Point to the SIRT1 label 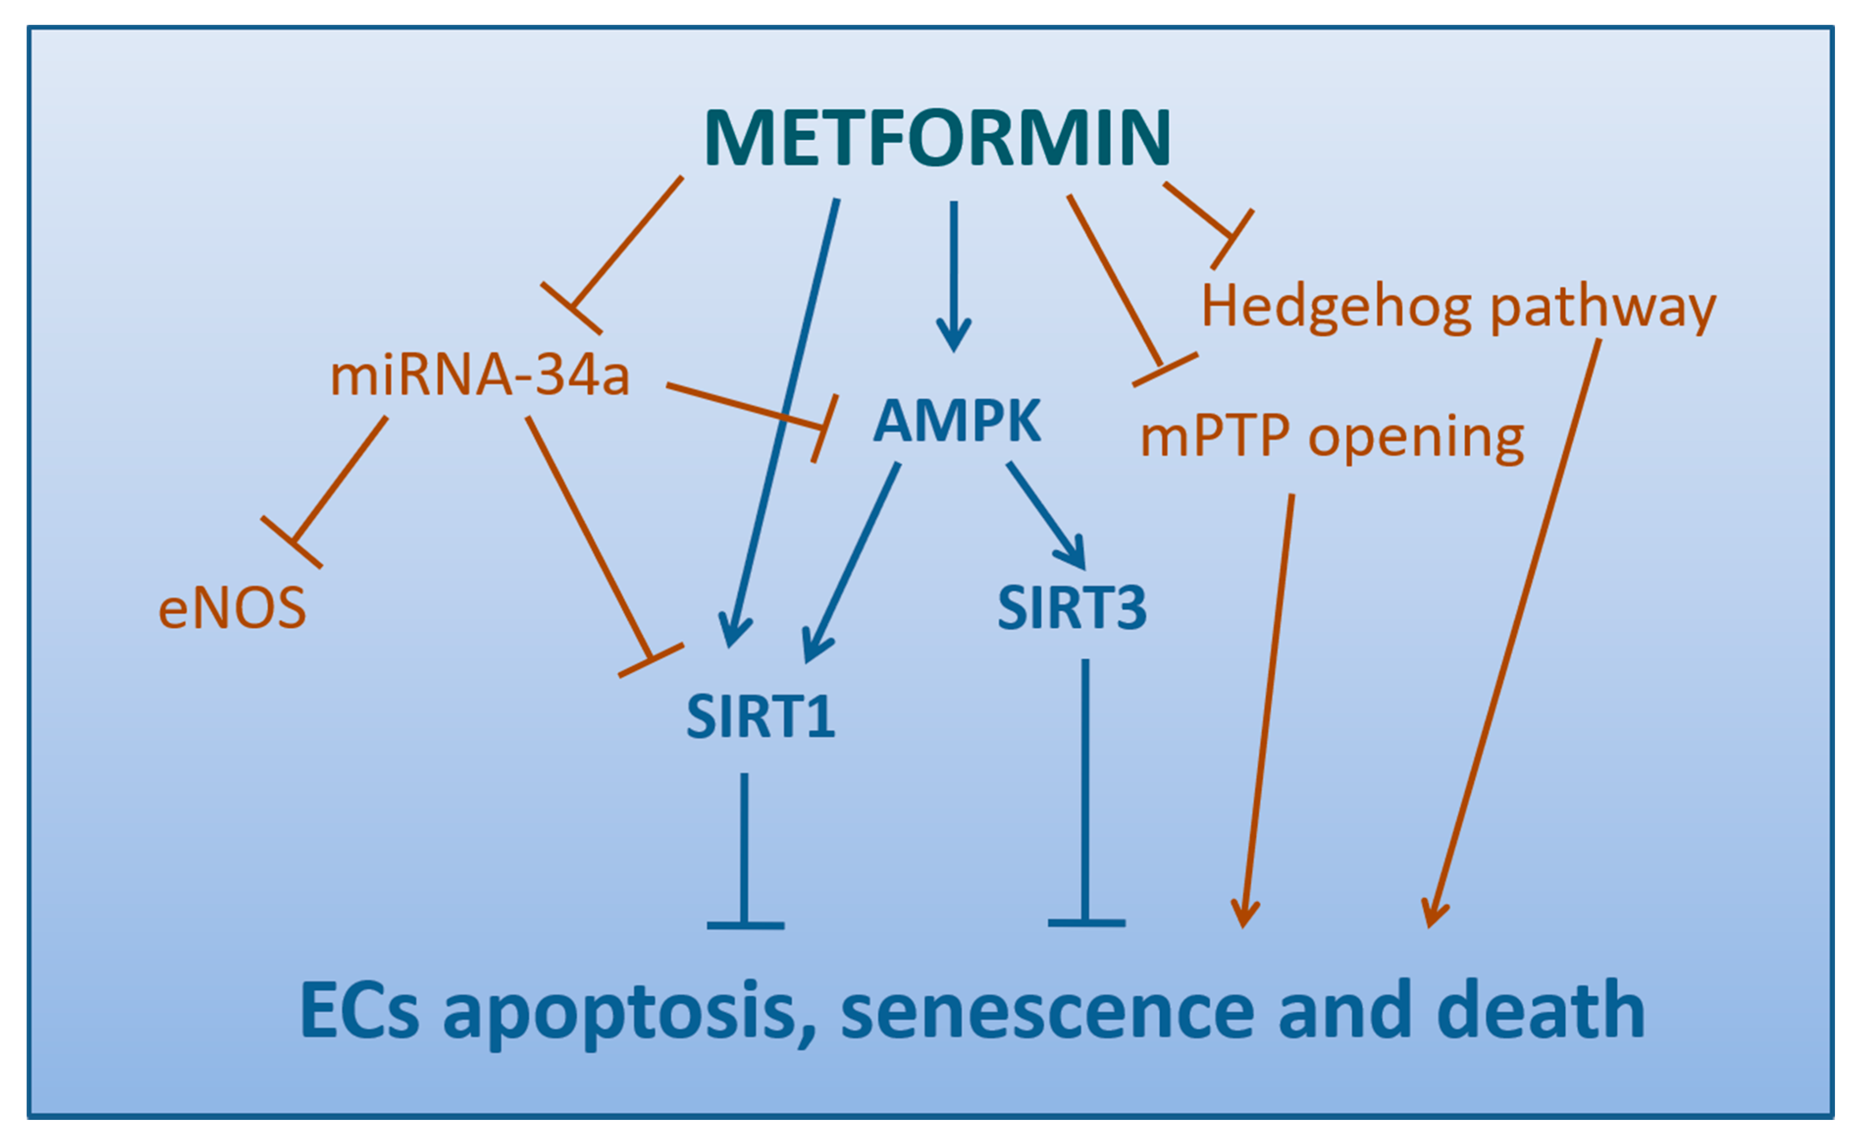(760, 717)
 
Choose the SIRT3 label (1071, 608)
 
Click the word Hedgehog (1335, 307)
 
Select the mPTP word (1214, 437)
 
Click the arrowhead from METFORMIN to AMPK (954, 336)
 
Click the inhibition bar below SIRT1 (746, 925)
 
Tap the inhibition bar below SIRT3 (1086, 923)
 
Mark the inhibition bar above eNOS (292, 542)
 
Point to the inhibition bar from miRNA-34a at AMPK (825, 428)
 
